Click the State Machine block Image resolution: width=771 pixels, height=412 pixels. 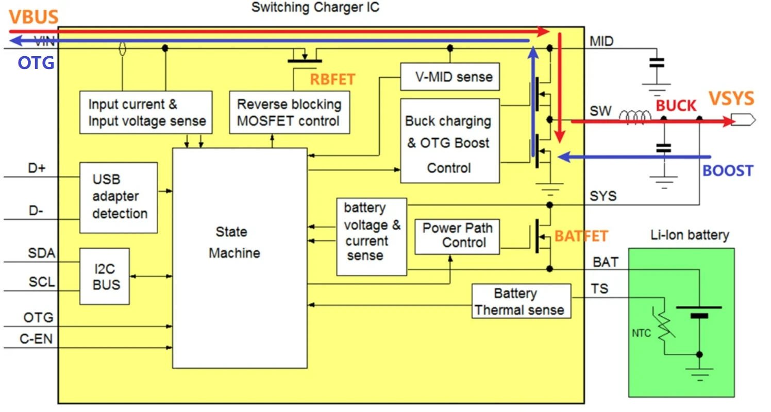[x=240, y=257]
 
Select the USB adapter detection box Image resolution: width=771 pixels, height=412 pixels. [x=119, y=197]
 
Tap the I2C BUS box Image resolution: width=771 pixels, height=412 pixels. [x=105, y=276]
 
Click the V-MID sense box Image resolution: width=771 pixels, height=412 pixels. [x=450, y=77]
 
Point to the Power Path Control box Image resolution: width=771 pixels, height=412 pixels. [x=457, y=235]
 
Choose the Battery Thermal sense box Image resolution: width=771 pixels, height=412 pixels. [x=521, y=301]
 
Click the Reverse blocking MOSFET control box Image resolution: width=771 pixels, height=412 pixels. [x=289, y=112]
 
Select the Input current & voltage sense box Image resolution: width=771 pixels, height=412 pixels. [x=146, y=112]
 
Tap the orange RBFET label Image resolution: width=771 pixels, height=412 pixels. [x=332, y=79]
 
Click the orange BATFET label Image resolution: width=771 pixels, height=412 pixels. [x=581, y=236]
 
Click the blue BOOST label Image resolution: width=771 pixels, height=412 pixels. [x=728, y=171]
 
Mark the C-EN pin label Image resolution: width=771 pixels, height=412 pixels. [x=36, y=339]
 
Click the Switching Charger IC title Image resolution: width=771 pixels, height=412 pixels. [x=315, y=8]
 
